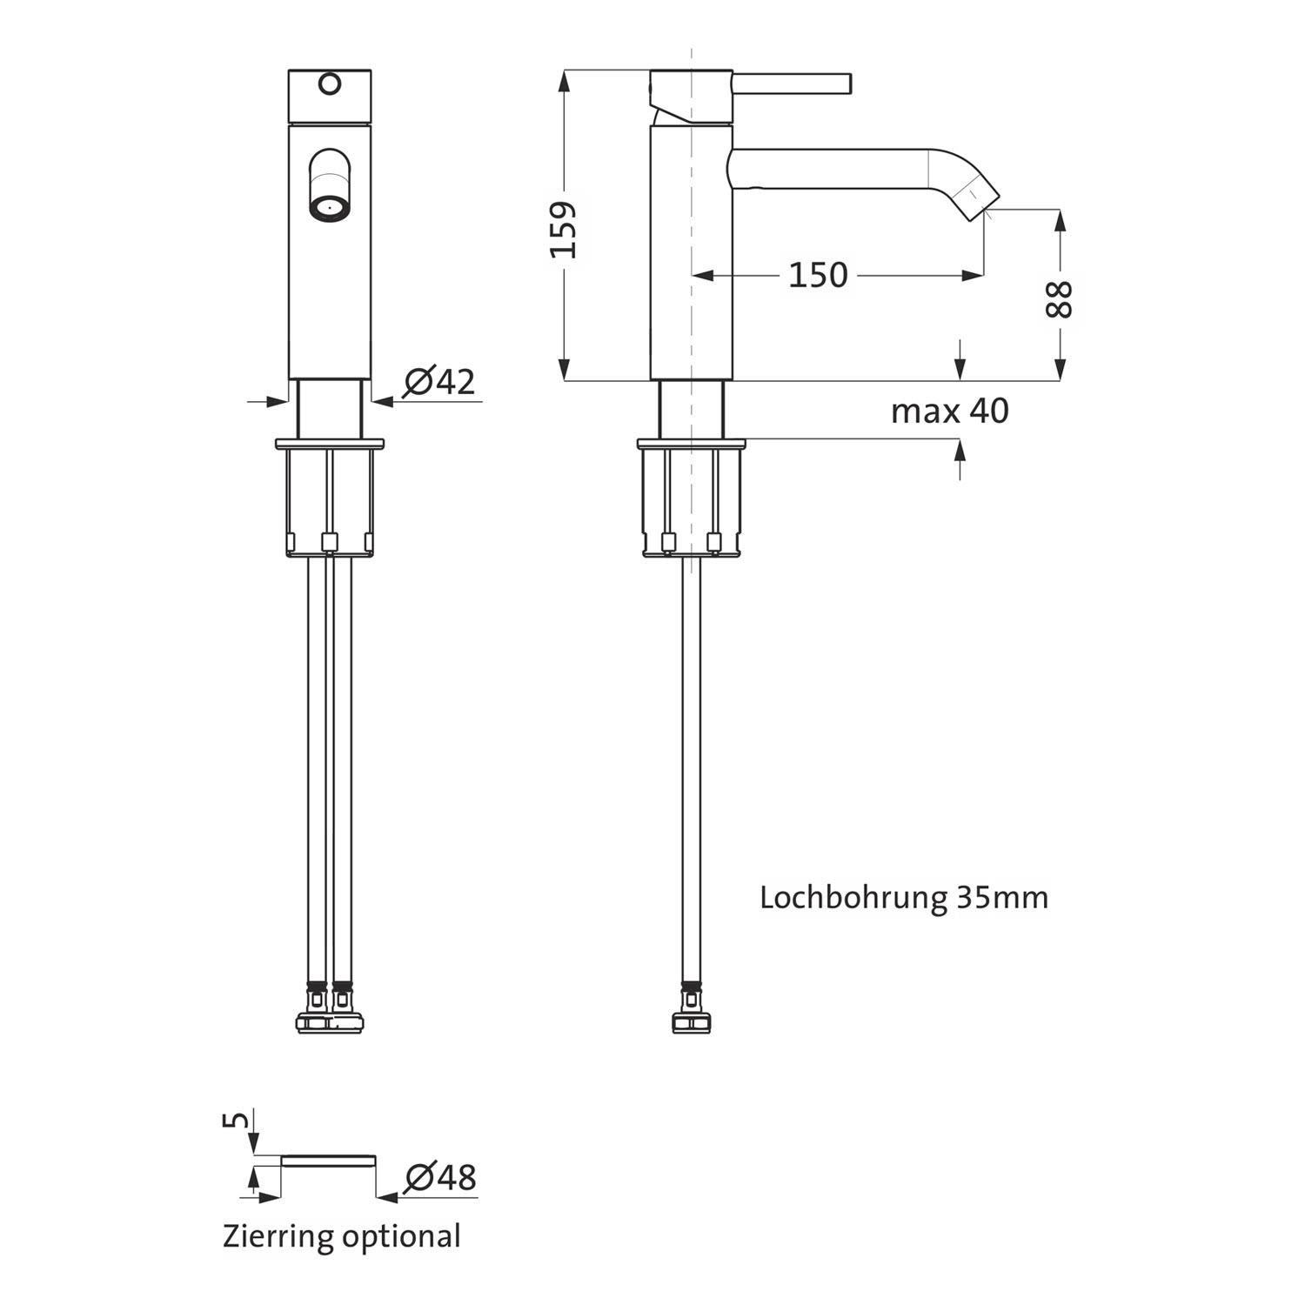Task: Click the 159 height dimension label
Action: click(x=564, y=230)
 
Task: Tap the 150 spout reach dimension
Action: click(x=818, y=275)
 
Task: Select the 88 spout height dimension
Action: click(x=1060, y=299)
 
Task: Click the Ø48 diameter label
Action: click(x=441, y=1177)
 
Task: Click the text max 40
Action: click(x=950, y=411)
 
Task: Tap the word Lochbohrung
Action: click(x=853, y=897)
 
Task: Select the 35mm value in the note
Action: click(x=1002, y=897)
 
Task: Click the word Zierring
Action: click(x=278, y=1236)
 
